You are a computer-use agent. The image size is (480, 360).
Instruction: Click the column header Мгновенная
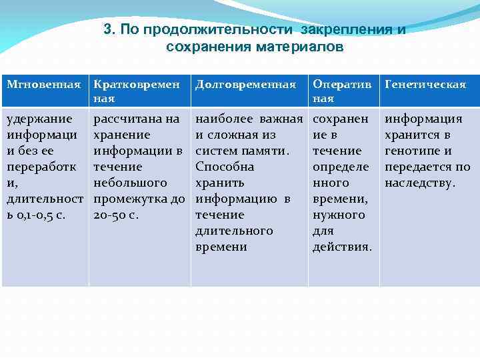(43, 85)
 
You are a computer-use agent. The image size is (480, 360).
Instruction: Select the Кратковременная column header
(136, 91)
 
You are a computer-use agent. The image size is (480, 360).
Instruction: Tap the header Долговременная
(245, 85)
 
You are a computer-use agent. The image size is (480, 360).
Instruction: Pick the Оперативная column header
(342, 91)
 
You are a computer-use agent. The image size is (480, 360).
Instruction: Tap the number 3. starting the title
(110, 30)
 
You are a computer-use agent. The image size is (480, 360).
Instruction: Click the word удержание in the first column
(39, 119)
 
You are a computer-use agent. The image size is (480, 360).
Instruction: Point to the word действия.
(342, 247)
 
